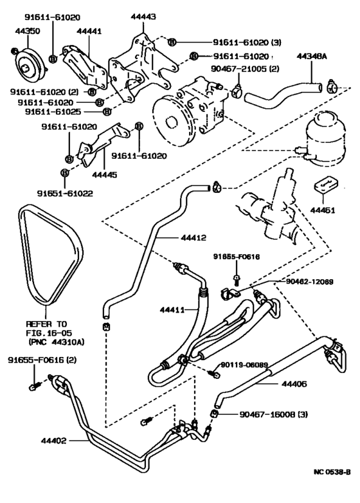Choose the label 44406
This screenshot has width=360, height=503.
[294, 385]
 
